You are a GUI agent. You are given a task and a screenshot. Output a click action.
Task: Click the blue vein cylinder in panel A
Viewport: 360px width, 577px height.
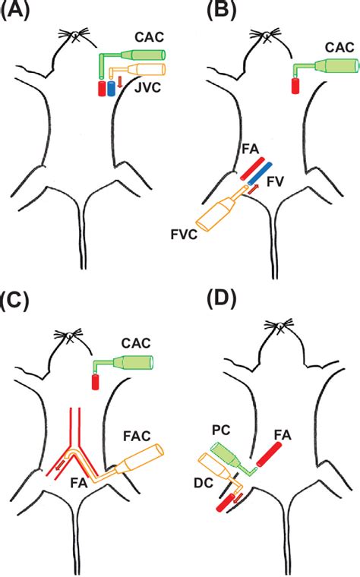pyautogui.click(x=111, y=88)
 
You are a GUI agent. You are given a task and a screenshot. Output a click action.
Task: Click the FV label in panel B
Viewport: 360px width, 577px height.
pyautogui.click(x=285, y=181)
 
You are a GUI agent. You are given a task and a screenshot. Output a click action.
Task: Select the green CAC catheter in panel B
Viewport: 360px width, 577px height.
pyautogui.click(x=331, y=68)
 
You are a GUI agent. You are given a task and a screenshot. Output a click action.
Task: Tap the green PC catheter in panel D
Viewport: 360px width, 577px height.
pyautogui.click(x=227, y=456)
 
